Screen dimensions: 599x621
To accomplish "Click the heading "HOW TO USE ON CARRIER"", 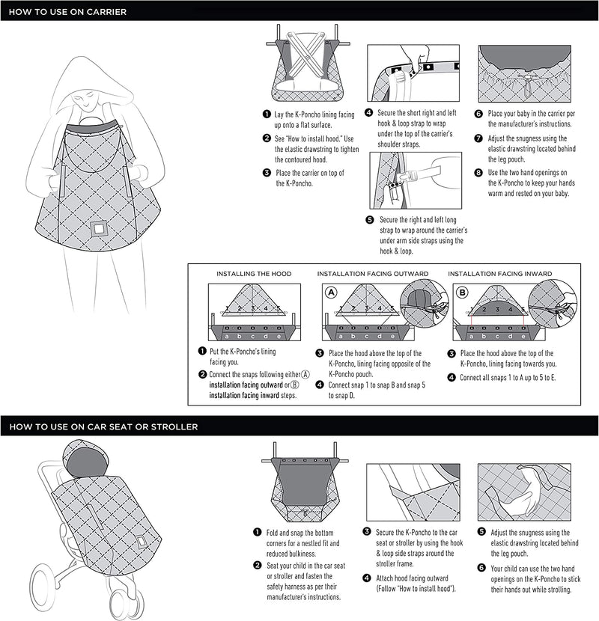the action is click(x=67, y=12).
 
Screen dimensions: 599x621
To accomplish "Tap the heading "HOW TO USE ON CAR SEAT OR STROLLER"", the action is click(x=103, y=427).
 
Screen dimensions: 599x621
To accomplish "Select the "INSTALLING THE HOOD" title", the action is click(x=254, y=274).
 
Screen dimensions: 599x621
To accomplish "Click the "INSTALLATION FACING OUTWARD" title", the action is click(x=373, y=274).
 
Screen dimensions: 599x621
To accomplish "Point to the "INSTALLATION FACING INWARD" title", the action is click(x=500, y=274).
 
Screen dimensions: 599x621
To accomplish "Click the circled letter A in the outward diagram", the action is click(x=331, y=293).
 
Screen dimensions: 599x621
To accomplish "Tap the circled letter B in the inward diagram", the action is click(x=462, y=293).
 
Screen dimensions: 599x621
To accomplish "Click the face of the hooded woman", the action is click(x=85, y=100).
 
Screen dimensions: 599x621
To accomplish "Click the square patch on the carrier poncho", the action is click(x=98, y=229).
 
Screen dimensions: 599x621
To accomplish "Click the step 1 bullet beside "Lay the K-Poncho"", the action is click(x=267, y=114).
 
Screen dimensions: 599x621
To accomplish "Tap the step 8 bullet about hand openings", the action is click(x=478, y=173).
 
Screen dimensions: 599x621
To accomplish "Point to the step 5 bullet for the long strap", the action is click(x=369, y=220).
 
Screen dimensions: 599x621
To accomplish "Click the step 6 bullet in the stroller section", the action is click(x=481, y=568).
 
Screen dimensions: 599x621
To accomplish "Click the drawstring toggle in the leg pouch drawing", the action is click(x=527, y=85).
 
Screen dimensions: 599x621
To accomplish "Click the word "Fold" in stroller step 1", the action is click(x=273, y=533).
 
